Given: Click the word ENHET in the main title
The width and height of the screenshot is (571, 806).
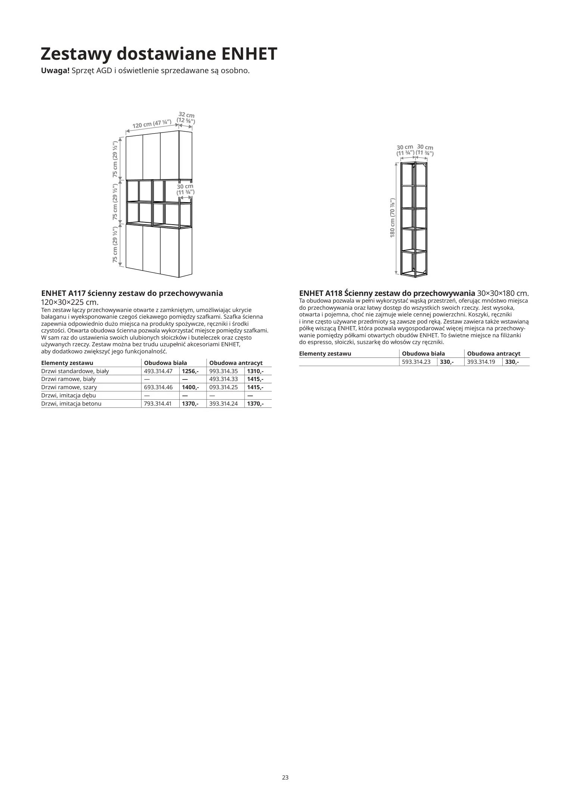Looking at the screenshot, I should coord(249,54).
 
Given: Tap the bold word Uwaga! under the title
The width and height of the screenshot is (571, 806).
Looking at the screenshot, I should coord(55,71).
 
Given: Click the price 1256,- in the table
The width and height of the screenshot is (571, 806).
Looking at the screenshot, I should coord(190,371).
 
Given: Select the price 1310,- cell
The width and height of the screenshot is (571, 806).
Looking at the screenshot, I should coord(255,371).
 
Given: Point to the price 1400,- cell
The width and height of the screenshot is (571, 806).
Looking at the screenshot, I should coord(190,387).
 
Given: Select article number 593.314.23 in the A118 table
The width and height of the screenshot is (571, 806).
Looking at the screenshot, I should coord(416,362).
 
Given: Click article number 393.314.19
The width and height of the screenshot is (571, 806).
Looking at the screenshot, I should coord(481,362).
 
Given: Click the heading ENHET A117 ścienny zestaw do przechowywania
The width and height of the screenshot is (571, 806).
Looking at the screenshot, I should coord(132,293).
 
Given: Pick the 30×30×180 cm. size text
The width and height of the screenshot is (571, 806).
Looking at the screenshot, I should coord(503,293).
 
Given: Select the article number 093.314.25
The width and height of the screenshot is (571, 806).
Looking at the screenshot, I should coord(223,387).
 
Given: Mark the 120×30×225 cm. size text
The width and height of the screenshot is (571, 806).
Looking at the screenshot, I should coord(69,302).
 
